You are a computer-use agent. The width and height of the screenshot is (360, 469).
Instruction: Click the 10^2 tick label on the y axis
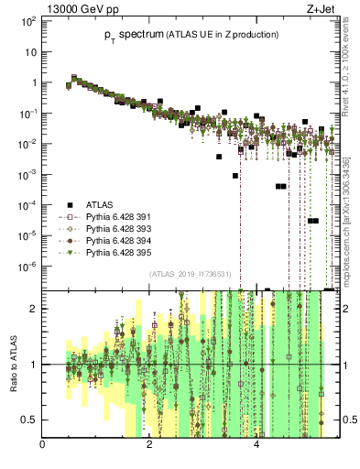point(29,21)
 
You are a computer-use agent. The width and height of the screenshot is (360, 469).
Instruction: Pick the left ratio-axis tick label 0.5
point(32,420)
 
